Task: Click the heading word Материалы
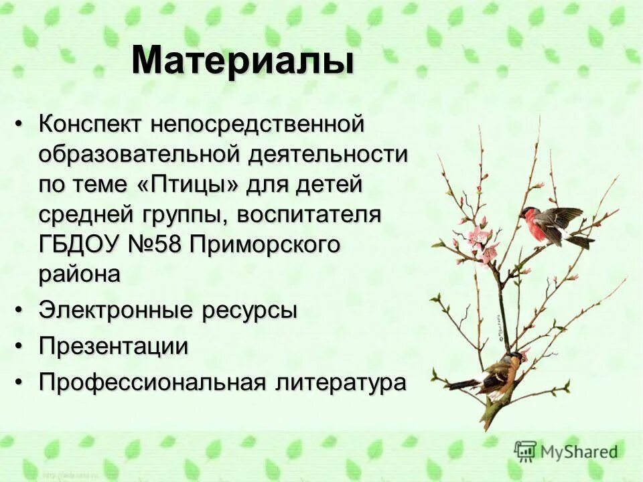pos(242,60)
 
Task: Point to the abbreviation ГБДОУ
pos(80,244)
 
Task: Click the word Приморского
pos(265,244)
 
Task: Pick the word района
pos(80,274)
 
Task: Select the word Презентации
pos(113,347)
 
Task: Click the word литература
pos(341,382)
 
